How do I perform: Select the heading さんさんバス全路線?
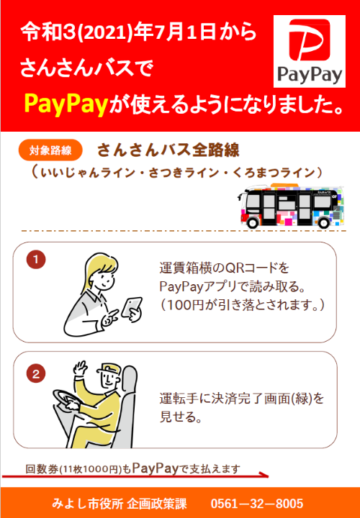[168, 150]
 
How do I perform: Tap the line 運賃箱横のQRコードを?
[224, 268]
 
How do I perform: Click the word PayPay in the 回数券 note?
[156, 468]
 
